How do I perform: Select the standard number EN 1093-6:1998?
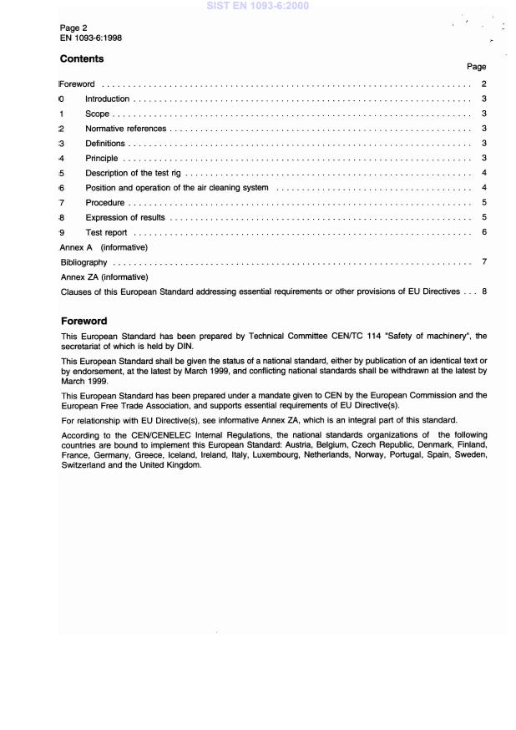92,38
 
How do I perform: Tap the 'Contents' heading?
83,58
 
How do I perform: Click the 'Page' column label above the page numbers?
476,66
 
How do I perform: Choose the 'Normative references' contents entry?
125,129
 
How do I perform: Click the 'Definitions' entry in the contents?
104,144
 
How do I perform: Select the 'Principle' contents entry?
102,159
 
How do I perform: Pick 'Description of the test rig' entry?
132,173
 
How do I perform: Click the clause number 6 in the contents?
62,188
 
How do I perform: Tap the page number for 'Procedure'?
484,203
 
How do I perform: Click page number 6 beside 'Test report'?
484,232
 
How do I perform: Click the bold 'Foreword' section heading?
85,321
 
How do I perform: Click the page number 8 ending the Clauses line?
484,291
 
